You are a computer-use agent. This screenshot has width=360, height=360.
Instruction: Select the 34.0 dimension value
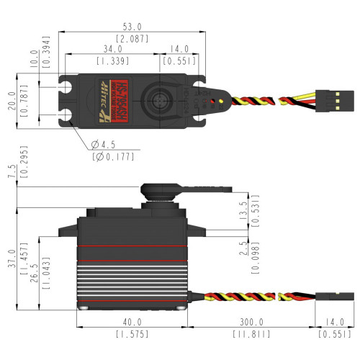112,49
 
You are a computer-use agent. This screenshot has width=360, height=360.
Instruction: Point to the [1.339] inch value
112,61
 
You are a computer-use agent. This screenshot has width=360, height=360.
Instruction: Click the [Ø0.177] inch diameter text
112,156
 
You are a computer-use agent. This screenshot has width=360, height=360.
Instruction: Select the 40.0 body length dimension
132,323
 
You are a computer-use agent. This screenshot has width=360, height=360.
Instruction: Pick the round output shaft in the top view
161,97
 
